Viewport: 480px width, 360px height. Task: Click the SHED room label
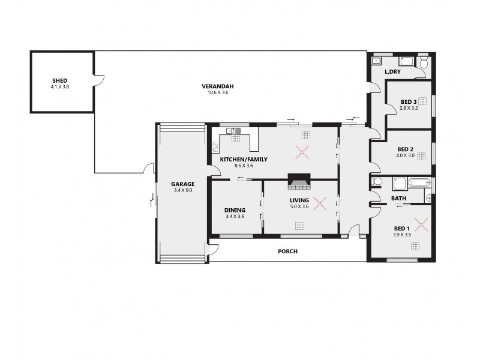click(x=59, y=80)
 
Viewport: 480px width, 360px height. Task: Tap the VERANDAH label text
click(x=218, y=86)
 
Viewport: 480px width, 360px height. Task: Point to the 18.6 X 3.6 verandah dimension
click(x=218, y=92)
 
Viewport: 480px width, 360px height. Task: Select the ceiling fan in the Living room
click(x=320, y=203)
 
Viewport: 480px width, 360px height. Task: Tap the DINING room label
click(x=234, y=210)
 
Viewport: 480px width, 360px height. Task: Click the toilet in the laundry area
click(x=423, y=63)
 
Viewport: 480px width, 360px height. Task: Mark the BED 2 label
click(x=405, y=149)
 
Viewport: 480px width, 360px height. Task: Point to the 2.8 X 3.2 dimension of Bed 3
click(x=409, y=108)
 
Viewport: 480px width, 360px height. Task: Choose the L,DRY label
click(x=392, y=72)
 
